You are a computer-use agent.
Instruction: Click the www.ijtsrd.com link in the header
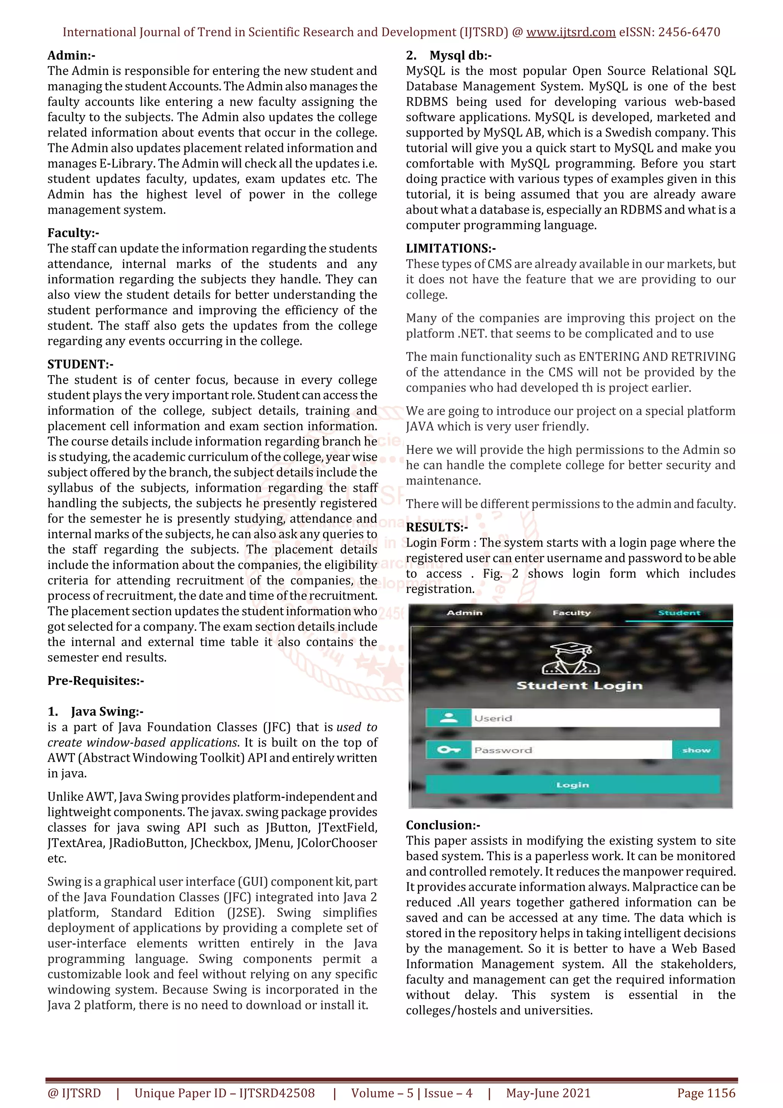[570, 32]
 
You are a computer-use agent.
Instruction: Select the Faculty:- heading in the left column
[73, 233]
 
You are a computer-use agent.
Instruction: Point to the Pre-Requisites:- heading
[96, 681]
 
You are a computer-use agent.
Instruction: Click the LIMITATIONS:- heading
[451, 249]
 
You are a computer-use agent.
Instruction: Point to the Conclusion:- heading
[443, 825]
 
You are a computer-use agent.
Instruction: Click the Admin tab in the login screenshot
[465, 613]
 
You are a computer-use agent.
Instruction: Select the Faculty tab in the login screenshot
[571, 613]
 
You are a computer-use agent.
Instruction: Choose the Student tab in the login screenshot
[679, 613]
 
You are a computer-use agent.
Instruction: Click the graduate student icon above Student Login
[571, 658]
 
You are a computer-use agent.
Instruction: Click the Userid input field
[595, 718]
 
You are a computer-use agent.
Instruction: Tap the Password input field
[571, 750]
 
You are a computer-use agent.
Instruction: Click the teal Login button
[572, 785]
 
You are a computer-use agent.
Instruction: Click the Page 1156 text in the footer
[706, 1093]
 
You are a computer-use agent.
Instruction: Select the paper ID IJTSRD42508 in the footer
[277, 1093]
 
